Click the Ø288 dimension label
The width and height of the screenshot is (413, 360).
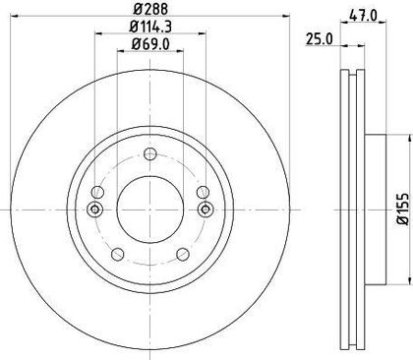[x=150, y=9]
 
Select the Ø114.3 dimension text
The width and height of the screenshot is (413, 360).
[x=150, y=27]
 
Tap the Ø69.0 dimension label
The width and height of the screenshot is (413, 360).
[x=150, y=44]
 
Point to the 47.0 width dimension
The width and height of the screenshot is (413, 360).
[x=363, y=15]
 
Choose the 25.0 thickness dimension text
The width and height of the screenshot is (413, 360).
[x=319, y=39]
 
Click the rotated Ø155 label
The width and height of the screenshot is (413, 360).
[x=404, y=210]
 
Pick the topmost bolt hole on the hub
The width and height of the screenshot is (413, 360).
[x=150, y=153]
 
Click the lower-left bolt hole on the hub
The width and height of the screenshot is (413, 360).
[x=118, y=254]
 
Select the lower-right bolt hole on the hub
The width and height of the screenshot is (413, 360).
[x=183, y=254]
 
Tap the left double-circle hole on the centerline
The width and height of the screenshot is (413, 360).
[x=95, y=210]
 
